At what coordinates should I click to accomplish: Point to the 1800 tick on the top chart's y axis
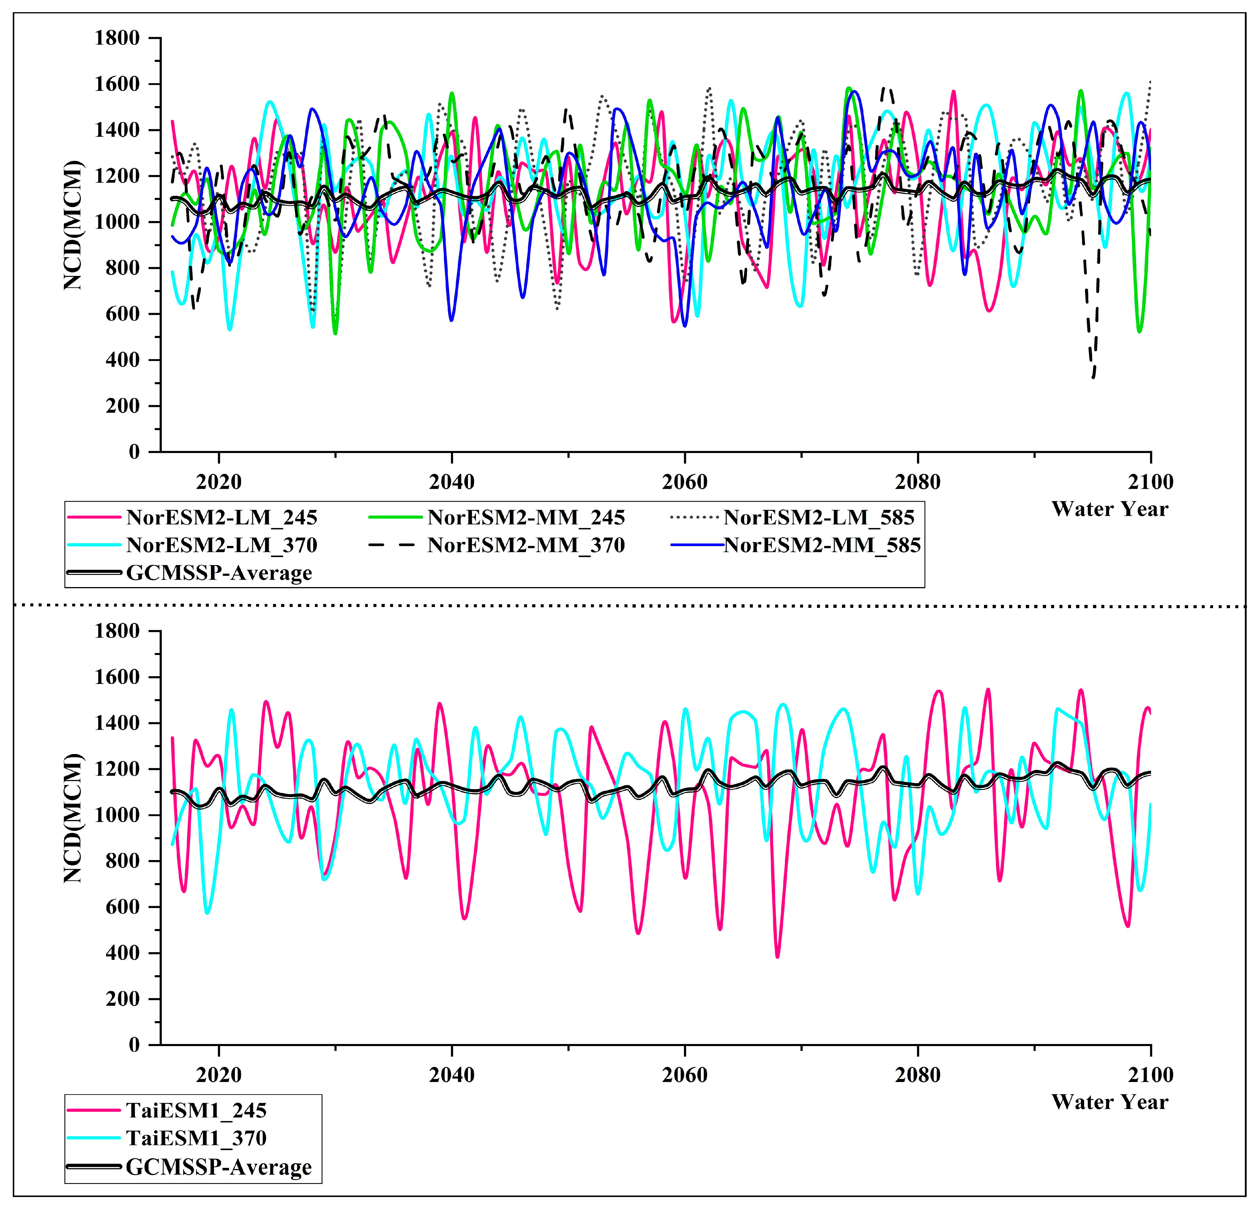coord(117,39)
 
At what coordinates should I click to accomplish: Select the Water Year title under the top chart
coord(1110,509)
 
